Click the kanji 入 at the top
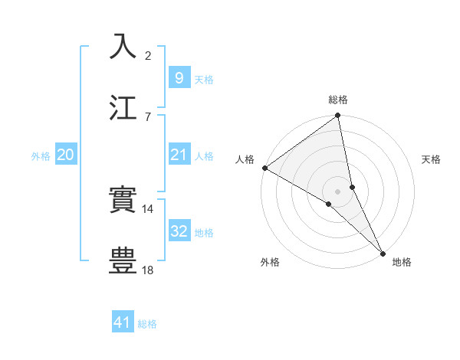[123, 47]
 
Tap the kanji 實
[123, 201]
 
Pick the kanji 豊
[123, 260]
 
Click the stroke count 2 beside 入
[148, 56]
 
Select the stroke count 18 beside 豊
[148, 269]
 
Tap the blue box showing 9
[179, 77]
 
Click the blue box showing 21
[179, 155]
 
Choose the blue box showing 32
[179, 231]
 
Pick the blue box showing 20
[65, 155]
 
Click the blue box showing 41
[123, 322]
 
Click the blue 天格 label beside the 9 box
[204, 80]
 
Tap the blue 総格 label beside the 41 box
[147, 324]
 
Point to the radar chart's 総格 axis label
[338, 100]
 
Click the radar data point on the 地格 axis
[383, 252]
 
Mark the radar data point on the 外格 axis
[329, 204]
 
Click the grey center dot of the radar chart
[338, 191]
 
